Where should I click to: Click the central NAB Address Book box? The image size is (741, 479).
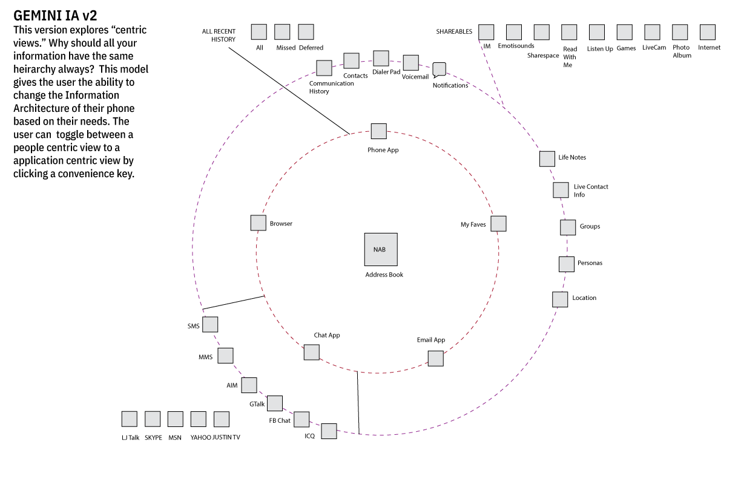point(381,249)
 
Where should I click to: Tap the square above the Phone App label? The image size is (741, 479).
point(378,131)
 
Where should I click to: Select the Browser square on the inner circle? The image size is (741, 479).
point(259,223)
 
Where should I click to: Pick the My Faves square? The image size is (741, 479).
point(498,223)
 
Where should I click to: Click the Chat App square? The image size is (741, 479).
point(311,352)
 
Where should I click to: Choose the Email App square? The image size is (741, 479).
point(435,359)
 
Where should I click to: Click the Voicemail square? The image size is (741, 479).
point(410,63)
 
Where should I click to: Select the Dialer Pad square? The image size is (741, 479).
point(381,58)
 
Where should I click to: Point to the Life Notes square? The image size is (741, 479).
point(547,158)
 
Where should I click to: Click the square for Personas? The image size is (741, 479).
point(566,264)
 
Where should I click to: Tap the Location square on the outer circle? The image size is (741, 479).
point(560,299)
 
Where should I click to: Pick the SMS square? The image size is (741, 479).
point(210,325)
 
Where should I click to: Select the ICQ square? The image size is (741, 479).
point(329,431)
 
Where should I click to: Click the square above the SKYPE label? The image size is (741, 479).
point(153,419)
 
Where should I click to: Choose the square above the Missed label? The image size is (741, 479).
point(282,32)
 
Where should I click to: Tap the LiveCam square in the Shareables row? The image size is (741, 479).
point(652,32)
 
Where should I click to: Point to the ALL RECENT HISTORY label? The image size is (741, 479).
point(219,35)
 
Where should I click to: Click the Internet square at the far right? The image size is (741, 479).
point(707,32)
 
